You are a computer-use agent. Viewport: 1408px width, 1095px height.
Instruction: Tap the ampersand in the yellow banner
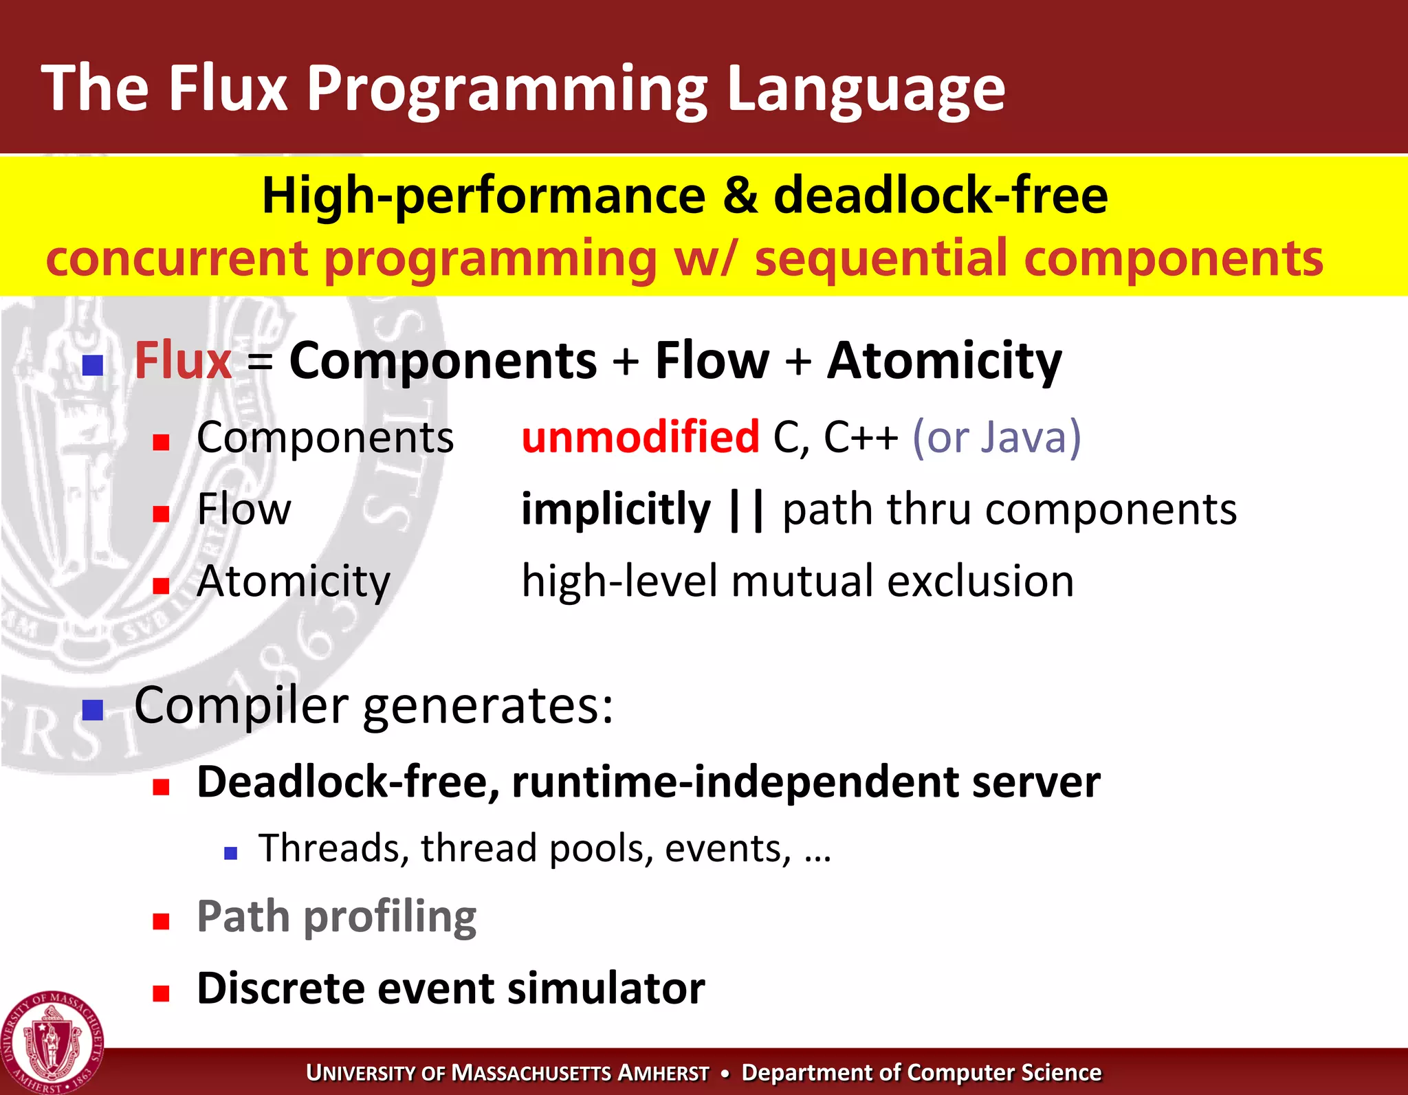coord(740,196)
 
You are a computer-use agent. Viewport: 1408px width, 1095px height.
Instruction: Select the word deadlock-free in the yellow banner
coord(940,196)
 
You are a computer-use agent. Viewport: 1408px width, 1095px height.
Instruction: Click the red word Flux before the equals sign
coord(183,361)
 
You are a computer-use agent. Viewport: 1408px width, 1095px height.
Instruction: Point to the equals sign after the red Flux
coord(261,362)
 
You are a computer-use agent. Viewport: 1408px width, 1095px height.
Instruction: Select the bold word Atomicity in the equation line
coord(944,361)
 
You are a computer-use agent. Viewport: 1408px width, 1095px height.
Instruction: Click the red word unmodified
coord(640,437)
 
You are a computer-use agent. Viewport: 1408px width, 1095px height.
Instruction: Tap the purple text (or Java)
coord(996,437)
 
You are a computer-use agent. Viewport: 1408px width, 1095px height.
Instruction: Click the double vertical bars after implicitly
coord(747,510)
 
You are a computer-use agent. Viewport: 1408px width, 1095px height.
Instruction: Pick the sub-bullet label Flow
coord(243,509)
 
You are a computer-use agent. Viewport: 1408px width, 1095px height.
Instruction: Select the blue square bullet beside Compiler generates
coord(92,709)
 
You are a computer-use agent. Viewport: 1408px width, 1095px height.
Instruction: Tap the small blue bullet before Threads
coord(230,854)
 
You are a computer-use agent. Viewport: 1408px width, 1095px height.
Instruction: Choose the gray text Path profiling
coord(336,917)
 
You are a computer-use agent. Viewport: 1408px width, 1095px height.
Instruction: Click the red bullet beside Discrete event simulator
coord(161,993)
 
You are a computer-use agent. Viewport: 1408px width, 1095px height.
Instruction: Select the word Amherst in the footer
coord(663,1073)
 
